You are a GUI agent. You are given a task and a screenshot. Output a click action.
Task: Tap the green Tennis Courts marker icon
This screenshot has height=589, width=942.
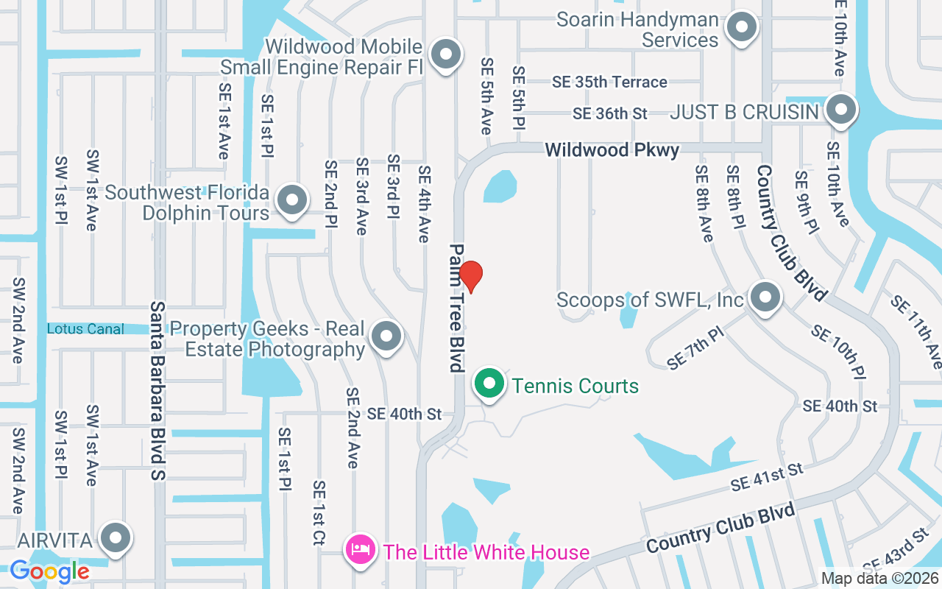point(489,384)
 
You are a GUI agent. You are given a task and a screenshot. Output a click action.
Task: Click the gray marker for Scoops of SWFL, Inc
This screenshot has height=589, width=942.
point(765,298)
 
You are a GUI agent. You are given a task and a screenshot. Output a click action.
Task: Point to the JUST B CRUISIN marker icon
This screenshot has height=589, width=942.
point(840,110)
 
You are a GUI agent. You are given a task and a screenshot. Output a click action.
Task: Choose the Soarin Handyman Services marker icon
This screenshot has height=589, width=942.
point(741,28)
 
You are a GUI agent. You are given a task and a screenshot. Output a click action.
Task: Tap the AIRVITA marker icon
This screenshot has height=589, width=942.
point(116,539)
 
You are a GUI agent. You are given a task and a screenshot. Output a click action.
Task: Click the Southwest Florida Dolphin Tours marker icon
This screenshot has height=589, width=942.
point(292,200)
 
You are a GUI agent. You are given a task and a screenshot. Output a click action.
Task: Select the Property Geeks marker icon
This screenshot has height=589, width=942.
point(386,336)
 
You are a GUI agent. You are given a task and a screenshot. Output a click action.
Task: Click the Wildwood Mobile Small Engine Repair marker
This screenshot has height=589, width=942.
point(445,54)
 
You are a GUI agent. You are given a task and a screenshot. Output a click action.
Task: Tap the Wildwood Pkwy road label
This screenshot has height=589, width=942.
point(612,150)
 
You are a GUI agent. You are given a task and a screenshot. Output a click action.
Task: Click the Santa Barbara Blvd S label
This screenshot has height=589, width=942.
point(158,390)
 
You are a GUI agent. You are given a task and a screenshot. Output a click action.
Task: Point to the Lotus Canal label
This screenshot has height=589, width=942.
point(85,329)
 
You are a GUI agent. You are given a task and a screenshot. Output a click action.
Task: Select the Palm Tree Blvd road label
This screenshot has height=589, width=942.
point(458,307)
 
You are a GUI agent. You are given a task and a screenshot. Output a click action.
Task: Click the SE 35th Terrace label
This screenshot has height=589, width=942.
point(609,82)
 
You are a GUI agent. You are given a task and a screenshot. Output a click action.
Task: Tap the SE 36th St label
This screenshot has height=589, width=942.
point(610,113)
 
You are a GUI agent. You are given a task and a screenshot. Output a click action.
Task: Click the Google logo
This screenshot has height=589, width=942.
point(49,571)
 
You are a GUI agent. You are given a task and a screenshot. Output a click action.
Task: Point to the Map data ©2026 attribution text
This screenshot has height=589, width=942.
point(879,579)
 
